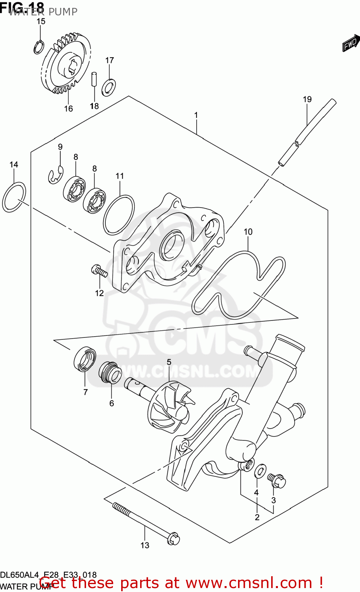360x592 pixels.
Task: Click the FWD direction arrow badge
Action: tap(351, 43)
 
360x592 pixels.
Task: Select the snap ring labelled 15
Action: tap(39, 48)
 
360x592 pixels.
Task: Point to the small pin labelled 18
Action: tap(94, 78)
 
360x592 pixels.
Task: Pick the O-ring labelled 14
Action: tap(14, 197)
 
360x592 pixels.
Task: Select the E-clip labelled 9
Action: tap(56, 175)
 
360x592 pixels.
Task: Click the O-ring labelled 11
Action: tap(118, 215)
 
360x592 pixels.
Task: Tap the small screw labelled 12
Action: tap(99, 272)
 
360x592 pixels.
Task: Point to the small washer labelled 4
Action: tap(259, 471)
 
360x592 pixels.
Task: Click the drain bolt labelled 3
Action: tap(276, 480)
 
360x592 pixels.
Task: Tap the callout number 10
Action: tap(248, 232)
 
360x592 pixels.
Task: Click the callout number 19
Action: tap(307, 99)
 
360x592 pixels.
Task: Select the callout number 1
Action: tap(196, 115)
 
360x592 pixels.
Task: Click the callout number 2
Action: tap(257, 517)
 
